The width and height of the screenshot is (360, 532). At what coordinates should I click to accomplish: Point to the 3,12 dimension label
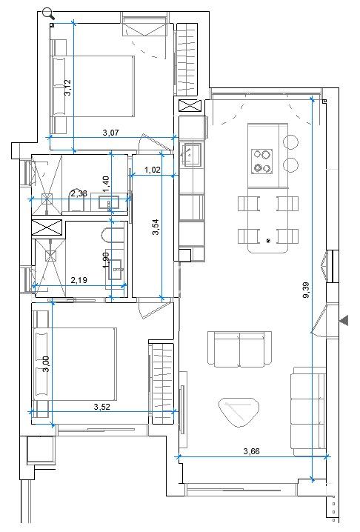tap(68, 89)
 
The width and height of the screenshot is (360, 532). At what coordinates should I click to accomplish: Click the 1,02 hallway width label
tap(153, 170)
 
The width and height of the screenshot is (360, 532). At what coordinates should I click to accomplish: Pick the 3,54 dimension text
tap(156, 227)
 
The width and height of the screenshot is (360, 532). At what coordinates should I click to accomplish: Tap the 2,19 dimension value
tap(79, 280)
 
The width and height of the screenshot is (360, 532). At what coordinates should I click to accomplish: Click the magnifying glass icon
tap(49, 13)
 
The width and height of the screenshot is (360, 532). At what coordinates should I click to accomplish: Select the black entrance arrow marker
tap(343, 320)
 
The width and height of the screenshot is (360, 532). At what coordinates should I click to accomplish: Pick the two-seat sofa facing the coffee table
tap(239, 350)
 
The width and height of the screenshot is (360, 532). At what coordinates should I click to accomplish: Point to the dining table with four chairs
tap(267, 220)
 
